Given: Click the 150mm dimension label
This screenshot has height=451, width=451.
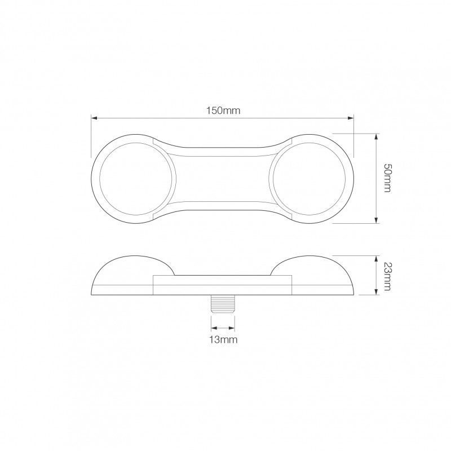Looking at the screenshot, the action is tap(223, 110).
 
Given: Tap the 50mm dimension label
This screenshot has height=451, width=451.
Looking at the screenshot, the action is tap(388, 178).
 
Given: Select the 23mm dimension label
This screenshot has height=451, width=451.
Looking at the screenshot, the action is tap(388, 276).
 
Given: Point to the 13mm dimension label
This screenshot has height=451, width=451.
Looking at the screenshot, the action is tap(223, 340).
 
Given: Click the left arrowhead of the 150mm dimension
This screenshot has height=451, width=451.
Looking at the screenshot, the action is tap(94, 118).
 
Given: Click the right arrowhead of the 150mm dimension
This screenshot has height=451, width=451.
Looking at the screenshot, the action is tap(351, 118).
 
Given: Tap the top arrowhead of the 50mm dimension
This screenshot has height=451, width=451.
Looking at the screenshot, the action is tap(376, 137).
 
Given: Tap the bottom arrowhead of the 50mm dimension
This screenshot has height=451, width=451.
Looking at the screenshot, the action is tap(376, 220).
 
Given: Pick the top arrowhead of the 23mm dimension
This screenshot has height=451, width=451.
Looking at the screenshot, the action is tap(376, 259).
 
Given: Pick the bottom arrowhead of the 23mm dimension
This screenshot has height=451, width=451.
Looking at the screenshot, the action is tap(376, 291).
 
